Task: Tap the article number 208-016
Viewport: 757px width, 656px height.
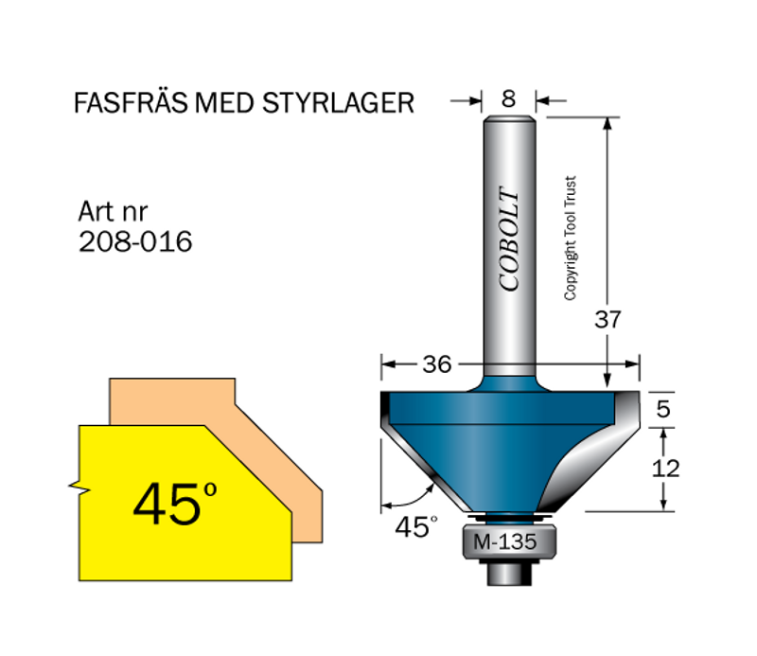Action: (136, 242)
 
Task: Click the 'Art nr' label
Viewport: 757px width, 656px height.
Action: (113, 211)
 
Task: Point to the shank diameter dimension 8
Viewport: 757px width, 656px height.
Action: (510, 97)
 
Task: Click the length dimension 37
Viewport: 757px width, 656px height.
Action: (607, 319)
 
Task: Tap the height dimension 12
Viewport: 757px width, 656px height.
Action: (666, 468)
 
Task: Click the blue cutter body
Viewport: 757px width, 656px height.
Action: (492, 435)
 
